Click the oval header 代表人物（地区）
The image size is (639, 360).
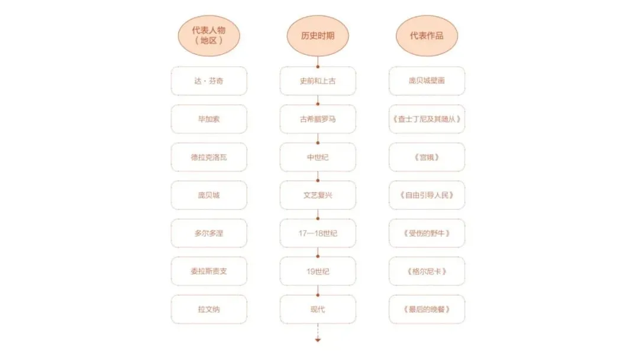(209, 36)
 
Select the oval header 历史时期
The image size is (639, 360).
(318, 36)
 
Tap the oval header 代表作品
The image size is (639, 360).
(427, 36)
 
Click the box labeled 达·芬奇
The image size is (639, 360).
(209, 81)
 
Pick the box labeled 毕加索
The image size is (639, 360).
(209, 119)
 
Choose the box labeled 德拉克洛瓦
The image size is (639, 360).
(209, 157)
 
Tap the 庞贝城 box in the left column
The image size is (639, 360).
(209, 195)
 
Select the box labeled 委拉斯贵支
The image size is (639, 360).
(209, 271)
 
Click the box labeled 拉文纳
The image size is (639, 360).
(209, 309)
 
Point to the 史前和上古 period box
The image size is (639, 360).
(318, 81)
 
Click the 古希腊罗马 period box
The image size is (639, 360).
(318, 119)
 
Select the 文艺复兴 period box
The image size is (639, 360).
(318, 195)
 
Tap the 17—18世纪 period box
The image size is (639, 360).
(318, 233)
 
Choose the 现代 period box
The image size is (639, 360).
(318, 309)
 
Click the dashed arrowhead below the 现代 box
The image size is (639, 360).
(318, 340)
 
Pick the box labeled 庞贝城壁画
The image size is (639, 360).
(427, 81)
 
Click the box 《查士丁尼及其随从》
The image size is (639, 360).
(427, 119)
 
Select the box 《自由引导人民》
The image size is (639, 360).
(427, 195)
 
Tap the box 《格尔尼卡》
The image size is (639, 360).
(427, 271)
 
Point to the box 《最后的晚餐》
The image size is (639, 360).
(427, 309)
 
